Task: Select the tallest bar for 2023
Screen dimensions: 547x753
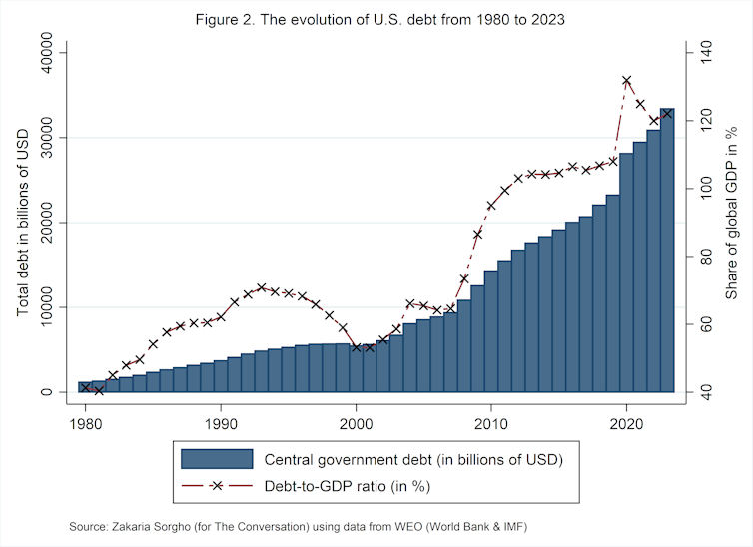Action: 667,250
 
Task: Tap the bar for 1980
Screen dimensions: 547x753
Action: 85,387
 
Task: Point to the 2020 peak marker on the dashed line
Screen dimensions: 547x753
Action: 626,80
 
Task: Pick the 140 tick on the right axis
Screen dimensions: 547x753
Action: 707,52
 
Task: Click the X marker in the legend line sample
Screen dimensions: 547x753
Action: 216,486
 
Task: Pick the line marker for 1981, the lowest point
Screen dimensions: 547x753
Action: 99,390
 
